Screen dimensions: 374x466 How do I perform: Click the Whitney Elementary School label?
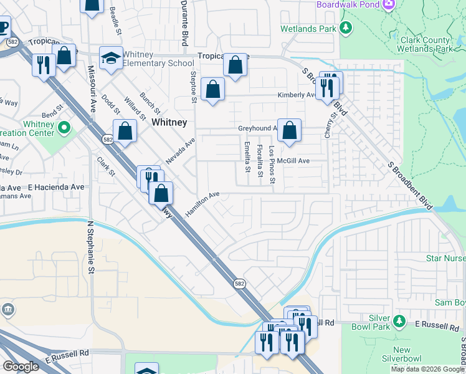(x=158, y=59)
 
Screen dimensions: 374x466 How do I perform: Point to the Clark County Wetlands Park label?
(x=426, y=44)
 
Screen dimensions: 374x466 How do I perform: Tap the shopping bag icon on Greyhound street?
(x=290, y=132)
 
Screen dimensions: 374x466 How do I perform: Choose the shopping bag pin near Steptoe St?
(x=212, y=90)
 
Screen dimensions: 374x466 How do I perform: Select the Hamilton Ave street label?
(x=202, y=204)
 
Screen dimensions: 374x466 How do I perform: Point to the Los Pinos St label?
(x=272, y=160)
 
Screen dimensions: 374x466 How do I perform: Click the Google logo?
(x=21, y=367)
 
